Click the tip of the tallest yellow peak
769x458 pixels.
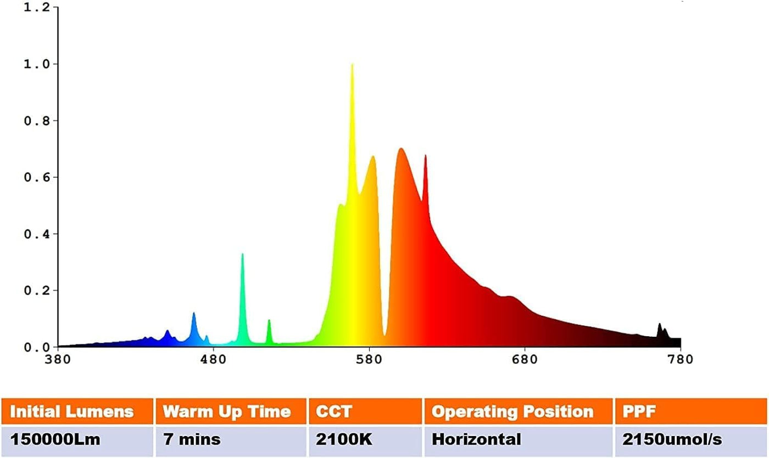pyautogui.click(x=352, y=65)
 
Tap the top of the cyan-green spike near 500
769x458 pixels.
pyautogui.click(x=242, y=254)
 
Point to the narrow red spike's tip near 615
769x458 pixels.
pyautogui.click(x=425, y=156)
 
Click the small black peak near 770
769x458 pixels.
pyautogui.click(x=660, y=324)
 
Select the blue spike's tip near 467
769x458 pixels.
pyautogui.click(x=193, y=313)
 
